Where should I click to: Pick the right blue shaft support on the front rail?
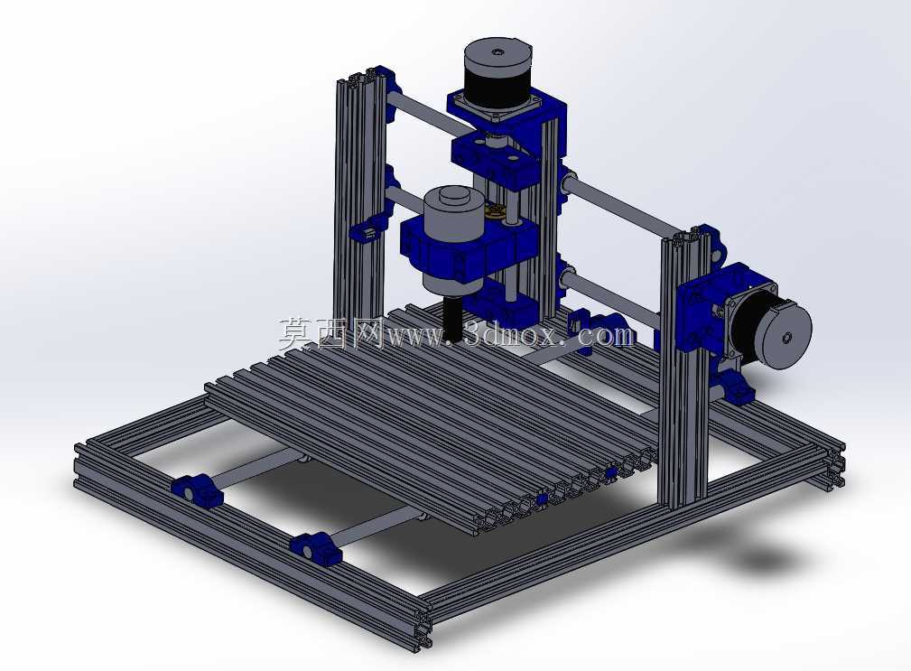pyautogui.click(x=315, y=549)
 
